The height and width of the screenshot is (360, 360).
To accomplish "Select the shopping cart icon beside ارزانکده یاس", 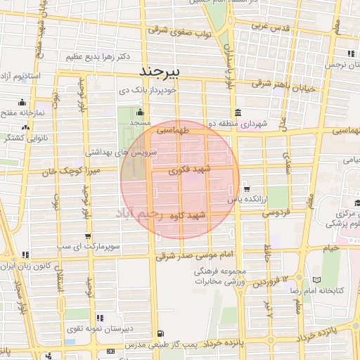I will [x=246, y=188].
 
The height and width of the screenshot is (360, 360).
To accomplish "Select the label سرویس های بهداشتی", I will [x=121, y=152].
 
